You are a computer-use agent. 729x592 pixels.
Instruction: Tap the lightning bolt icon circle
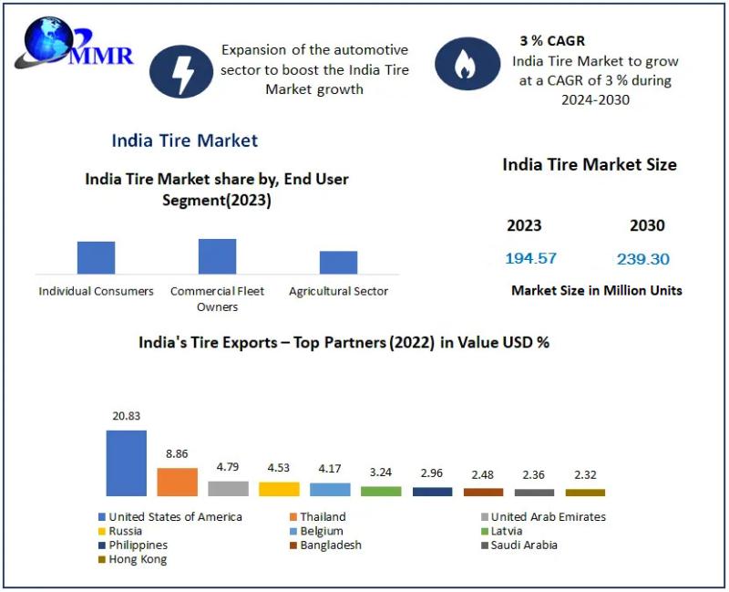180,70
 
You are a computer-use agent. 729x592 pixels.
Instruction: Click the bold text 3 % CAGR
552,41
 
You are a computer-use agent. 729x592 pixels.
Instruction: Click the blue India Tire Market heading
184,140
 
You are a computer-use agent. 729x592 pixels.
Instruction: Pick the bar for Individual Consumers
96,257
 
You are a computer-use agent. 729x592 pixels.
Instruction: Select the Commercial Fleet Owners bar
217,256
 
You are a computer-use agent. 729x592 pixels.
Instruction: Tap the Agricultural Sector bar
338,262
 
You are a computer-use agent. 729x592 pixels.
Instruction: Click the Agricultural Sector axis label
338,291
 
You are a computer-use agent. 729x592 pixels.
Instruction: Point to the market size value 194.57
530,258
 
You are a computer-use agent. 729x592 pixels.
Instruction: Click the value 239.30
642,259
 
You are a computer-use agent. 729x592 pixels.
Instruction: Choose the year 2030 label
647,225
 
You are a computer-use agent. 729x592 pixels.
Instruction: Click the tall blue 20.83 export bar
126,462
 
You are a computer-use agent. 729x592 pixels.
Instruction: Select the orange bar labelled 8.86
177,482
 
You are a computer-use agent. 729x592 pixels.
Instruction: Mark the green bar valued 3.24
381,491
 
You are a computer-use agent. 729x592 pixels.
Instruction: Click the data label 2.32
585,475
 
